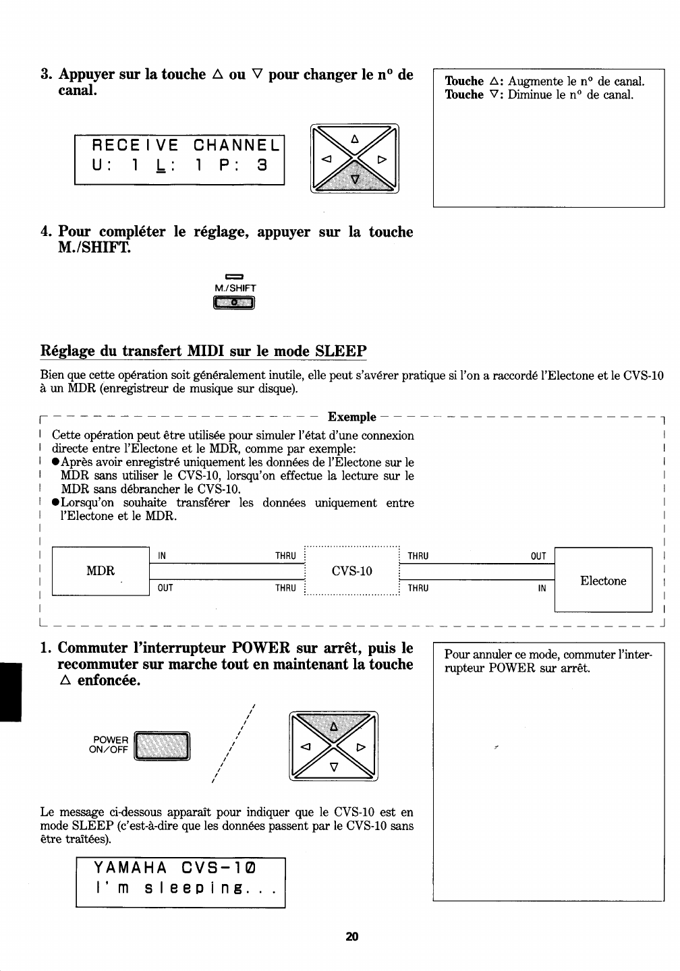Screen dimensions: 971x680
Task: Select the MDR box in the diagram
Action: [x=101, y=570]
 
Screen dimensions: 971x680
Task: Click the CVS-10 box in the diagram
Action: [x=352, y=571]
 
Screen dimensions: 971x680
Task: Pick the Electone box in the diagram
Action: [x=603, y=581]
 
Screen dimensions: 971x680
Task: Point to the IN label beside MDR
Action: [x=162, y=556]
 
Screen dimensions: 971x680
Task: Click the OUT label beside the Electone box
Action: [x=538, y=556]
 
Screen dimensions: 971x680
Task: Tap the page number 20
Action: [x=351, y=936]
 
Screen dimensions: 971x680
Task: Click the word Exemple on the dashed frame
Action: [x=351, y=417]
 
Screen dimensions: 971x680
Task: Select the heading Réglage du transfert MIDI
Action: [x=203, y=351]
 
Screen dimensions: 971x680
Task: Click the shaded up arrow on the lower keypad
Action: [x=333, y=726]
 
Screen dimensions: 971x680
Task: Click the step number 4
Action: [x=45, y=233]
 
